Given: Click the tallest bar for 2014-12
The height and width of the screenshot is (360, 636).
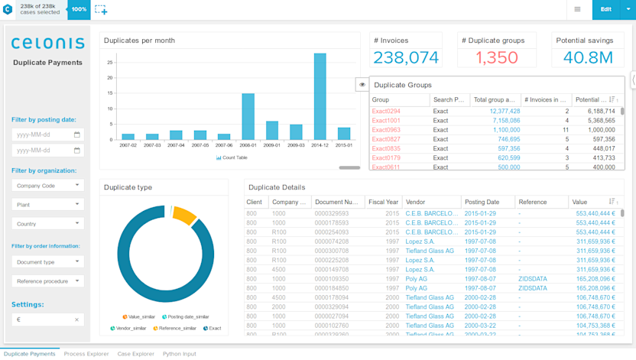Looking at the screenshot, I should (x=320, y=96).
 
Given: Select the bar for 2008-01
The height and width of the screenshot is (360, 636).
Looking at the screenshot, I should (x=248, y=116).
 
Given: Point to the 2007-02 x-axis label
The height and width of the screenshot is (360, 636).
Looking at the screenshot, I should (x=128, y=145).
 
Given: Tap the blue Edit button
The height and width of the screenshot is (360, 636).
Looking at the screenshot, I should (x=605, y=9).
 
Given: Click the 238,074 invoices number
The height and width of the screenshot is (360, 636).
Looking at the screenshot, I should (x=405, y=57).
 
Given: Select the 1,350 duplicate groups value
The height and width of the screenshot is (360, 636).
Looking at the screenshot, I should (x=496, y=57).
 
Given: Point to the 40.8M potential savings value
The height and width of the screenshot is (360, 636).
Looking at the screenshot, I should (x=588, y=57).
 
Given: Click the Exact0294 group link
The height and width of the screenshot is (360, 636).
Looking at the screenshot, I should (x=386, y=112).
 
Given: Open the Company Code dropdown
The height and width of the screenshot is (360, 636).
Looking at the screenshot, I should (x=47, y=185).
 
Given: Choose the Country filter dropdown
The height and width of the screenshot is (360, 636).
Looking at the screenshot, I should (x=47, y=224).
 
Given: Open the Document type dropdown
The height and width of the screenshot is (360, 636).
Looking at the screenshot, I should (x=47, y=262).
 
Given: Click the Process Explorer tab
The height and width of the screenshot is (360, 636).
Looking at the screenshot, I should (x=86, y=354).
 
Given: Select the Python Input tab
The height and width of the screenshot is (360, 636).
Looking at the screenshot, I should (x=179, y=354).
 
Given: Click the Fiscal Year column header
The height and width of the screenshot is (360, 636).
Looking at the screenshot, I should (x=383, y=203).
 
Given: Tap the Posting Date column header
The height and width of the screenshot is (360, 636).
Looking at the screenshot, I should (x=482, y=203).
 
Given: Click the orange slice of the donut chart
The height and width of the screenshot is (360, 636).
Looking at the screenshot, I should (x=184, y=216).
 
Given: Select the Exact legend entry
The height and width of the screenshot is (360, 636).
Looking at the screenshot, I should (x=212, y=329).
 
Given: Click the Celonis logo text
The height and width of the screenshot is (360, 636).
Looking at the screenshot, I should (x=47, y=44).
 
